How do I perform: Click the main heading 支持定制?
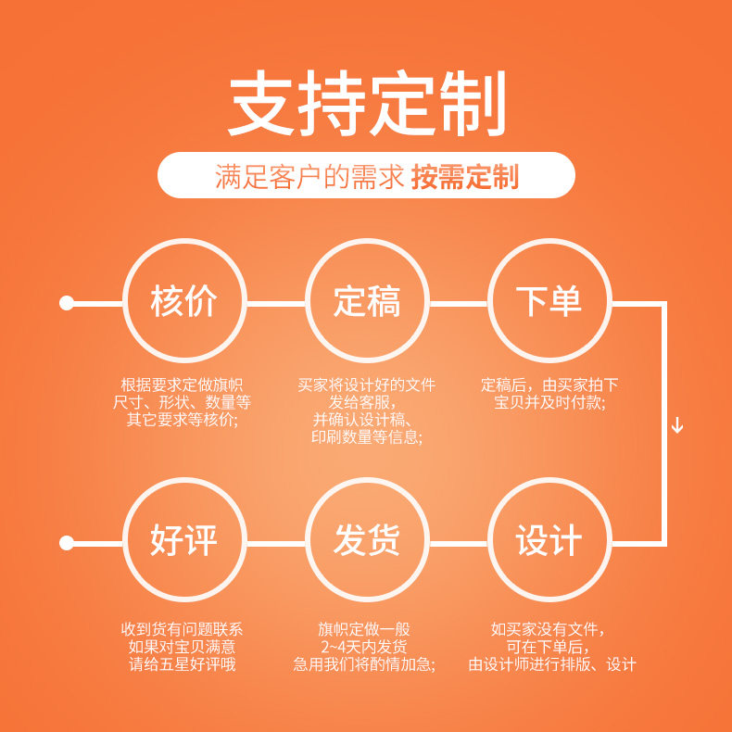[366, 104]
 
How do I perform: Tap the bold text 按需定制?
[465, 176]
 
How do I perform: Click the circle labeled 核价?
[183, 302]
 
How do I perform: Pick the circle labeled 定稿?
[366, 302]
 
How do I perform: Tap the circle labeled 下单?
[549, 302]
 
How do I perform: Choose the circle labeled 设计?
[549, 541]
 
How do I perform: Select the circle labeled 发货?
[366, 541]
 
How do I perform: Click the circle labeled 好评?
[183, 541]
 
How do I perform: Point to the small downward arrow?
[677, 425]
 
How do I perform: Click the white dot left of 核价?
[67, 303]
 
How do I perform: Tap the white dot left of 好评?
[67, 542]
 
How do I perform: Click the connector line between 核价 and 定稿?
[275, 303]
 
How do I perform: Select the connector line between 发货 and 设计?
[458, 542]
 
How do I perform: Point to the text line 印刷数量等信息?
[366, 437]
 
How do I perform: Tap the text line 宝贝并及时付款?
[549, 403]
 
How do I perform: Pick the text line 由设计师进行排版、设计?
[552, 664]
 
